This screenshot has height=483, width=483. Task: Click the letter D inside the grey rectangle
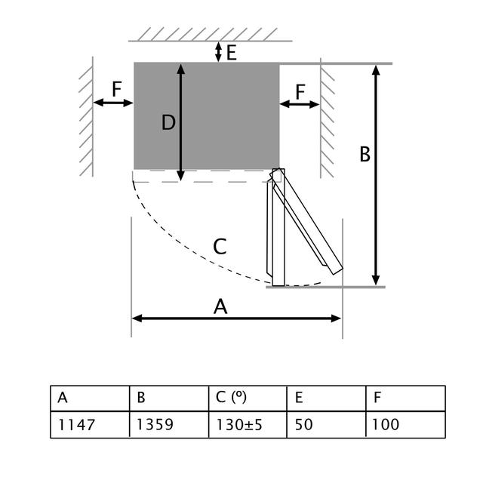point(168,122)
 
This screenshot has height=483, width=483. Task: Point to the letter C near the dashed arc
point(220,247)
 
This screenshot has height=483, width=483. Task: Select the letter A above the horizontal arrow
point(220,306)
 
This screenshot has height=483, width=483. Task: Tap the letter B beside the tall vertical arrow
point(365,155)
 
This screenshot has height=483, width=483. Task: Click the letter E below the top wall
point(231,52)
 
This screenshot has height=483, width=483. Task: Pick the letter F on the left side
point(116,89)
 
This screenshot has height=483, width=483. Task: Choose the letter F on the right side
point(300,91)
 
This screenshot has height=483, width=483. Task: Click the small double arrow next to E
point(218,51)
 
